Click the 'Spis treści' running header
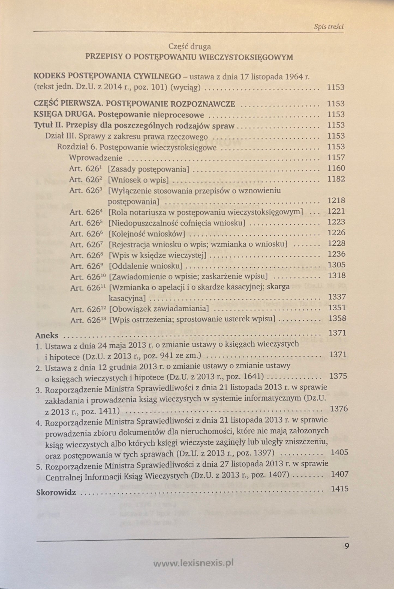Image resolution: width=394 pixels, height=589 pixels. click(x=329, y=27)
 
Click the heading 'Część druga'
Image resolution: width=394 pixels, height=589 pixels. click(x=190, y=47)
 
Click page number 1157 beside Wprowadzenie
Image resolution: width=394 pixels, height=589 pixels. click(x=336, y=157)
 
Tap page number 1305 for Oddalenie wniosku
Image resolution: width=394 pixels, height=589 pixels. click(x=336, y=265)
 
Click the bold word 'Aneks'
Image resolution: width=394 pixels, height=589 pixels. click(x=47, y=335)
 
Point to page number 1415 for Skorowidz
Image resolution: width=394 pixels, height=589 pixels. click(x=340, y=488)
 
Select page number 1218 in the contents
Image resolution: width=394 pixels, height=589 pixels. click(x=336, y=201)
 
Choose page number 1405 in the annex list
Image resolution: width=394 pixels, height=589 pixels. click(x=339, y=452)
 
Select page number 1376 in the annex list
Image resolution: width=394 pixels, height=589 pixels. click(x=339, y=409)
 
